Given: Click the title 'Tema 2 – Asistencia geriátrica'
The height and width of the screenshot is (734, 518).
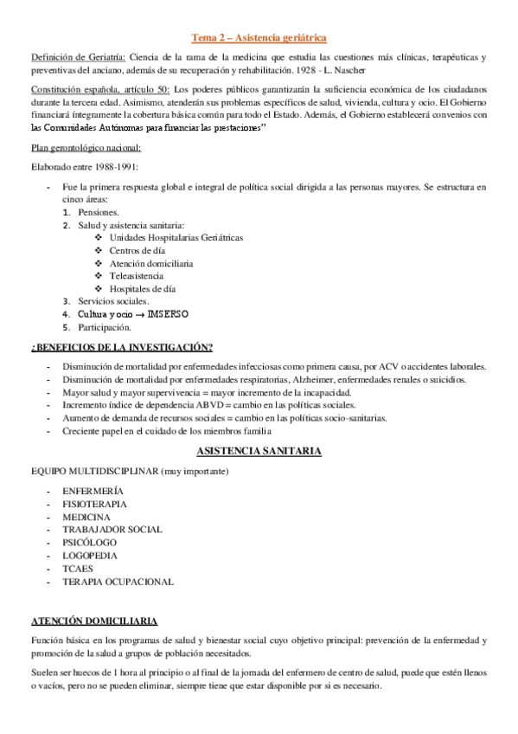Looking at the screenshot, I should point(259,37).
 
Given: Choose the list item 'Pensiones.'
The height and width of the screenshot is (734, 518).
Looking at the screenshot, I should point(99,212).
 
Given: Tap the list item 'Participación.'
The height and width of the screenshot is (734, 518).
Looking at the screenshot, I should point(105,327).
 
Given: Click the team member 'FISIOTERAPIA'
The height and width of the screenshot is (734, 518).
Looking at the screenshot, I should point(94,503).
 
